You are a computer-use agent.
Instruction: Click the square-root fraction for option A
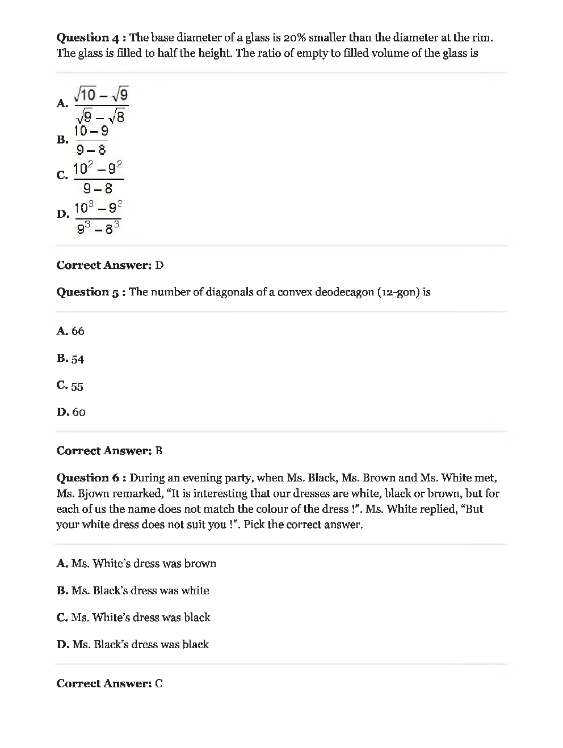coord(102,104)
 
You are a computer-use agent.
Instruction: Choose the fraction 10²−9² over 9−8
coord(98,178)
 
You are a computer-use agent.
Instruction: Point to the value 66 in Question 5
coord(78,331)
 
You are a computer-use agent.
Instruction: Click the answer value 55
coord(77,387)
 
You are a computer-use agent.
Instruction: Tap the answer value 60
coord(79,412)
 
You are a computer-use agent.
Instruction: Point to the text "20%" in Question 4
coord(295,38)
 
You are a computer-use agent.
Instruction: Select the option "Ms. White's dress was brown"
coord(144,564)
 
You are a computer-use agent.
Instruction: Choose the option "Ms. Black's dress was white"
coord(140,591)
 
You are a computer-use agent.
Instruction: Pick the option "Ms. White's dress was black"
coord(141,618)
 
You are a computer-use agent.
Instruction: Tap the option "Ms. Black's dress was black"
coord(140,645)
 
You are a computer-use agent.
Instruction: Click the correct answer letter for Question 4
coord(159,265)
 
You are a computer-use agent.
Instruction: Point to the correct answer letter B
coord(159,451)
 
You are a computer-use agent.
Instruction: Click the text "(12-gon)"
coord(398,292)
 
